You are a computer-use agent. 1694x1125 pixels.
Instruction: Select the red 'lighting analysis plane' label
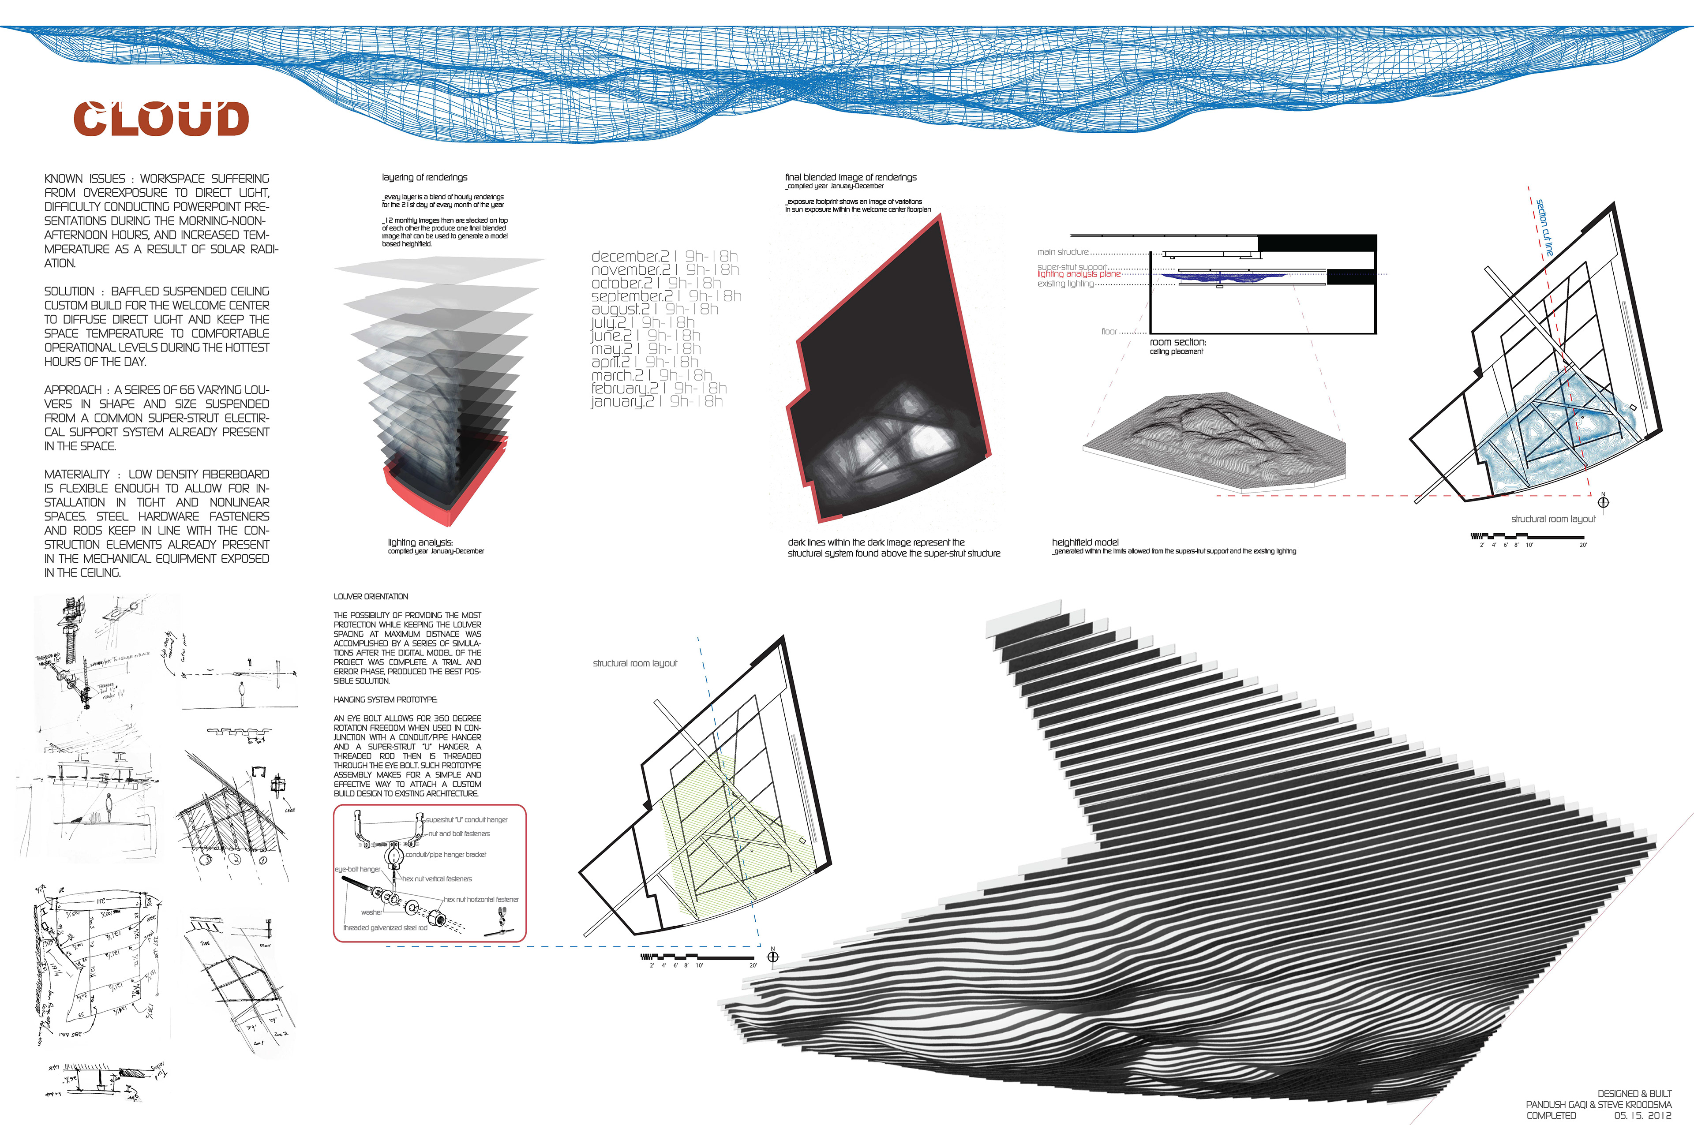(x=1079, y=274)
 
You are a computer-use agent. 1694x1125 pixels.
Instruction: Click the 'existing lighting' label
(x=1065, y=284)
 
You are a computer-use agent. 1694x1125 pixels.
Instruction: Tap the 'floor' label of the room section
(x=1109, y=332)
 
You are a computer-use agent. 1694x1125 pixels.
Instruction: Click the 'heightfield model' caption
(x=1085, y=542)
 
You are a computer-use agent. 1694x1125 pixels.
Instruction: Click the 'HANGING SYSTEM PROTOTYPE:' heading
(x=385, y=699)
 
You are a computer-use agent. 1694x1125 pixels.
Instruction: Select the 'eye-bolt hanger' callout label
(x=357, y=870)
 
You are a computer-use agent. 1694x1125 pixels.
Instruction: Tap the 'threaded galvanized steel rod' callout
(x=385, y=928)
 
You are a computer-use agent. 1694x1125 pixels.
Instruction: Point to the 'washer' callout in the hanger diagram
(x=371, y=912)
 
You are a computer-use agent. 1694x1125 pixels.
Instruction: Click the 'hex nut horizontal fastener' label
(x=481, y=899)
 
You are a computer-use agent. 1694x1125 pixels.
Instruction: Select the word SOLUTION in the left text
(x=69, y=292)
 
